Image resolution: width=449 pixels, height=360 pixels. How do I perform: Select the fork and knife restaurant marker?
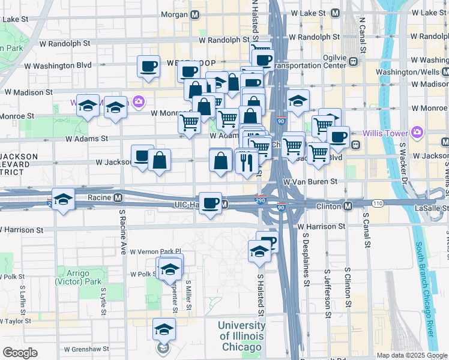click(x=247, y=161)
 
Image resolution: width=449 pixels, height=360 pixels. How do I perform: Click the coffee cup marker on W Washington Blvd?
click(x=148, y=66)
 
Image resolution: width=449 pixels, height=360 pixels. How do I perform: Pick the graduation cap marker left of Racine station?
click(x=62, y=200)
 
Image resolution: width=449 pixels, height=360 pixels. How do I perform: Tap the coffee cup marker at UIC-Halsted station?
click(x=210, y=203)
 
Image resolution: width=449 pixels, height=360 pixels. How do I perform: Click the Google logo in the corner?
click(x=20, y=353)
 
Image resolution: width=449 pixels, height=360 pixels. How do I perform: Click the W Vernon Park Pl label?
click(x=155, y=251)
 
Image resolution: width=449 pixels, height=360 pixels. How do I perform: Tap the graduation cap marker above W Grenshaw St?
click(x=164, y=329)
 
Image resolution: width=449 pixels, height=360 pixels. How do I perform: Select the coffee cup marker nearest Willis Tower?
click(x=338, y=136)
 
